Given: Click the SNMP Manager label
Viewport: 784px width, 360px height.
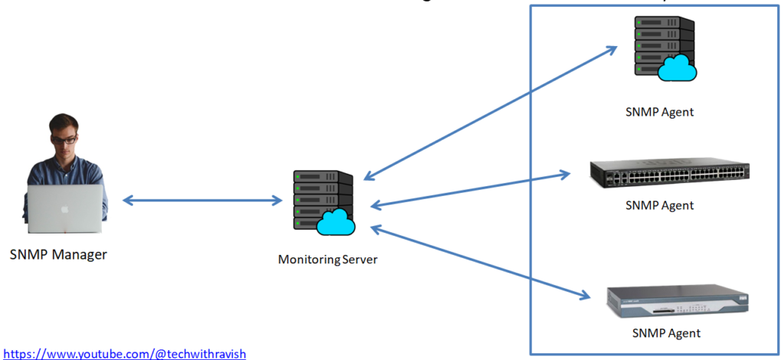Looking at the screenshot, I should click(58, 254).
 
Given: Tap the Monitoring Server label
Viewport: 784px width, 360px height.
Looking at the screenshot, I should click(327, 260).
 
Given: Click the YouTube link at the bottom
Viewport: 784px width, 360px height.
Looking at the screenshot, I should click(123, 353).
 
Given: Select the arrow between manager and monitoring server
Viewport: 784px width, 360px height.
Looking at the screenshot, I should click(202, 201).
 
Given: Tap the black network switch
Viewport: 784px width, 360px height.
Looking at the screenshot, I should click(669, 175).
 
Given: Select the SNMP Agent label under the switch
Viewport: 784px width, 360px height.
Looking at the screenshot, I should click(659, 205).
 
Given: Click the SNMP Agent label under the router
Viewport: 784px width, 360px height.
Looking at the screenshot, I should click(665, 333).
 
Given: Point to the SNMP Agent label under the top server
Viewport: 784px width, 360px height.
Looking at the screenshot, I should click(659, 112).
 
